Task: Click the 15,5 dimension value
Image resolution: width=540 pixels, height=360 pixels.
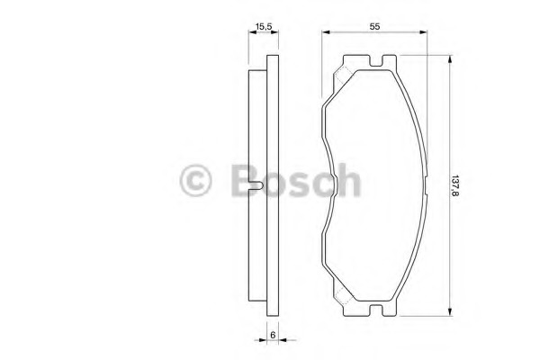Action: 264,26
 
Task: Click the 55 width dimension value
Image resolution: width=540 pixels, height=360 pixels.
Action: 374,26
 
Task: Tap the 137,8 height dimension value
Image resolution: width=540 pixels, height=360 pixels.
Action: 456,185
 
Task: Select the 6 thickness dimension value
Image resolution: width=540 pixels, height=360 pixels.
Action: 273,335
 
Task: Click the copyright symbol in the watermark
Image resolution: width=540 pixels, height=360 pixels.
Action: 195,180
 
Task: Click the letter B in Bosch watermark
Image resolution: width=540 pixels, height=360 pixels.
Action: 245,180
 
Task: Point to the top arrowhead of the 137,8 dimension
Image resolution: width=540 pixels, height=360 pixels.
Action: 449,59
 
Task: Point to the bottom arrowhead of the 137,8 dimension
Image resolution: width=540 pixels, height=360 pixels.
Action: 449,311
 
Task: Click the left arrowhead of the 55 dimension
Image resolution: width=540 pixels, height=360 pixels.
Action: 326,32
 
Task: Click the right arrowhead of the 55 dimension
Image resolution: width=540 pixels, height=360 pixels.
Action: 423,32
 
